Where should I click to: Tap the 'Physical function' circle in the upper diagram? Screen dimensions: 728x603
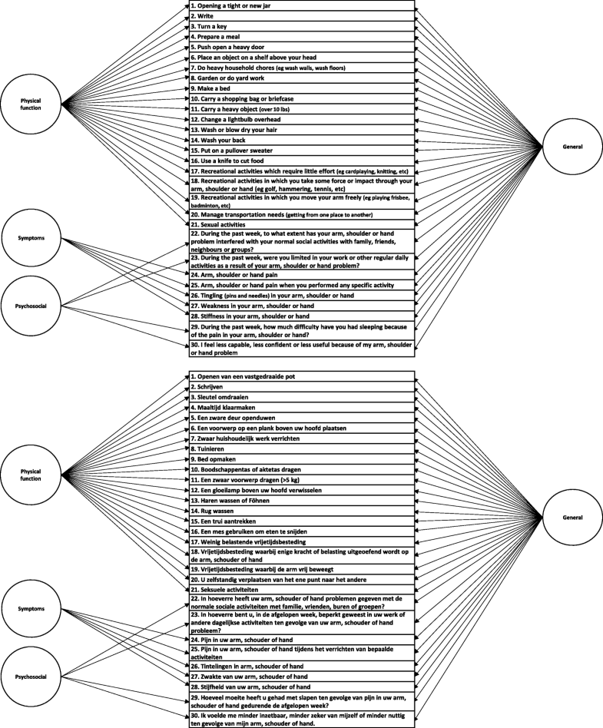tap(31, 104)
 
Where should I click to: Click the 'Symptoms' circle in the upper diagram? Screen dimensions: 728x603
tap(31, 238)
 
